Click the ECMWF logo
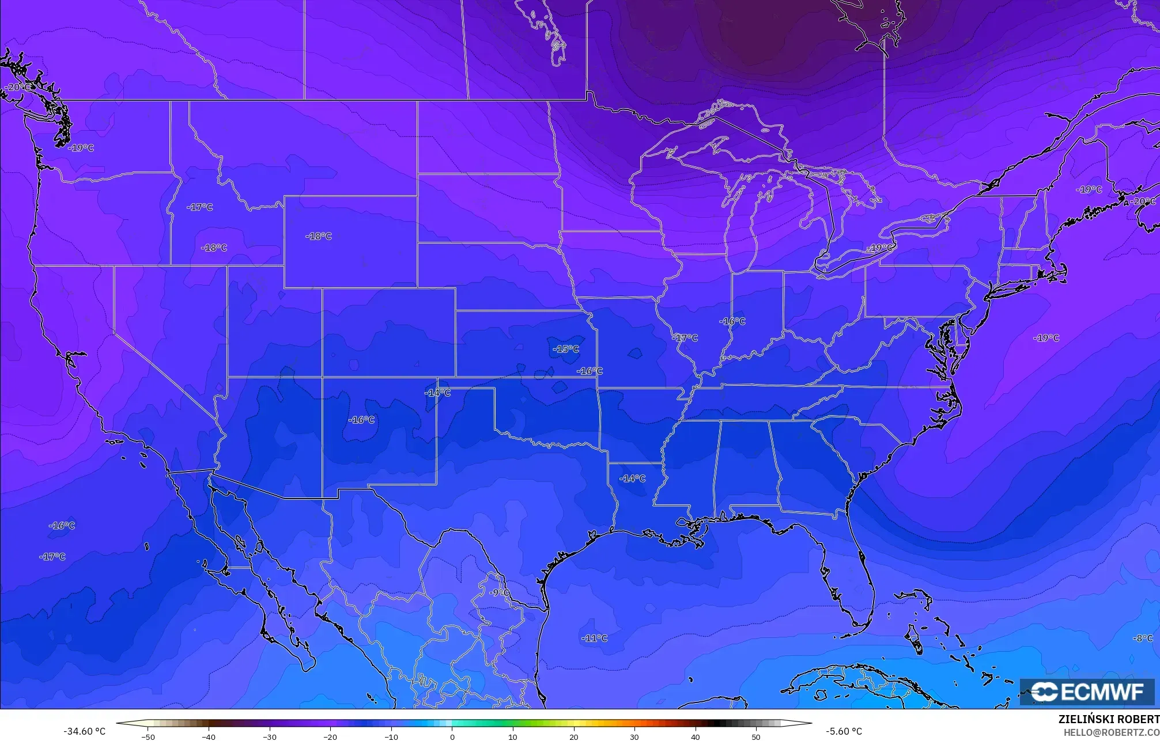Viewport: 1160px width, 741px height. [x=1087, y=691]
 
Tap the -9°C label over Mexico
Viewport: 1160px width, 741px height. [x=500, y=592]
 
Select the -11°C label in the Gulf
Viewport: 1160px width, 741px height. [x=594, y=638]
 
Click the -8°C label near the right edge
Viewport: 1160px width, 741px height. [x=1142, y=638]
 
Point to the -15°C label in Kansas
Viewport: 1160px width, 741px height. [x=565, y=349]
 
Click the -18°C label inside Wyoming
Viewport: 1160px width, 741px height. [x=319, y=236]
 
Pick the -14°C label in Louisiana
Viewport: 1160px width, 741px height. [x=632, y=478]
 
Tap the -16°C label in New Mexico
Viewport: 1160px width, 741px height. [x=361, y=420]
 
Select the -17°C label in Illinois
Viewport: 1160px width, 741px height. [x=685, y=338]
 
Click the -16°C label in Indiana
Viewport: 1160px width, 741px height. [x=732, y=321]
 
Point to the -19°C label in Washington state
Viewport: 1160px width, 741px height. [x=81, y=148]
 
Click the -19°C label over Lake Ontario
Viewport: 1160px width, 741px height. [x=879, y=248]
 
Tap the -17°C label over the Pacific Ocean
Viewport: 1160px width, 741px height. [x=52, y=557]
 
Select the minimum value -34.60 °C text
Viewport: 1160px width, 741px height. [x=85, y=731]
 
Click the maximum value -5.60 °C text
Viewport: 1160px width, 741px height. [x=844, y=731]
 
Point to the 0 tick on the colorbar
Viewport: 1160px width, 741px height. [x=452, y=737]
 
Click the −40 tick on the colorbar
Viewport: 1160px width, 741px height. [x=209, y=737]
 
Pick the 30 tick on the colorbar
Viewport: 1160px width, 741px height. [x=634, y=737]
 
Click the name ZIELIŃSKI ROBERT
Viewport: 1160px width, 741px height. [x=1109, y=719]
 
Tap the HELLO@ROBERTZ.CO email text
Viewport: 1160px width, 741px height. [x=1111, y=732]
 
